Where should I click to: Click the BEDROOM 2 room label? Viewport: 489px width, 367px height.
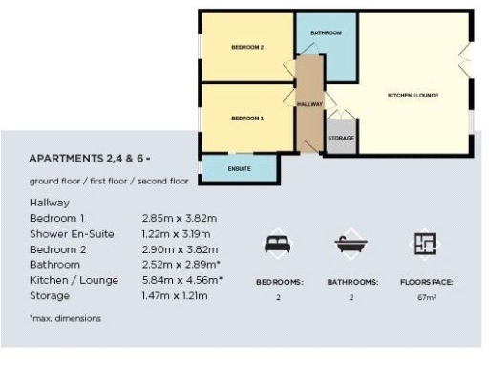click(247, 47)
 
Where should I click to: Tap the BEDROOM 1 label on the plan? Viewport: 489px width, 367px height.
click(247, 119)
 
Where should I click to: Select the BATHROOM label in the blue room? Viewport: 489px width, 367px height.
click(326, 33)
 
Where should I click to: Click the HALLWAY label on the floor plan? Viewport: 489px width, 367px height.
click(310, 103)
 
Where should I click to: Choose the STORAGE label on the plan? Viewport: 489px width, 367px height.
click(341, 139)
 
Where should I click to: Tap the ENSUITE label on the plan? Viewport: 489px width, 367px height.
click(241, 168)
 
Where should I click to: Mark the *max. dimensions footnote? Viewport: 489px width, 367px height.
click(64, 317)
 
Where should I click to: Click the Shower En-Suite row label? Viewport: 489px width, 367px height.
click(70, 232)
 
